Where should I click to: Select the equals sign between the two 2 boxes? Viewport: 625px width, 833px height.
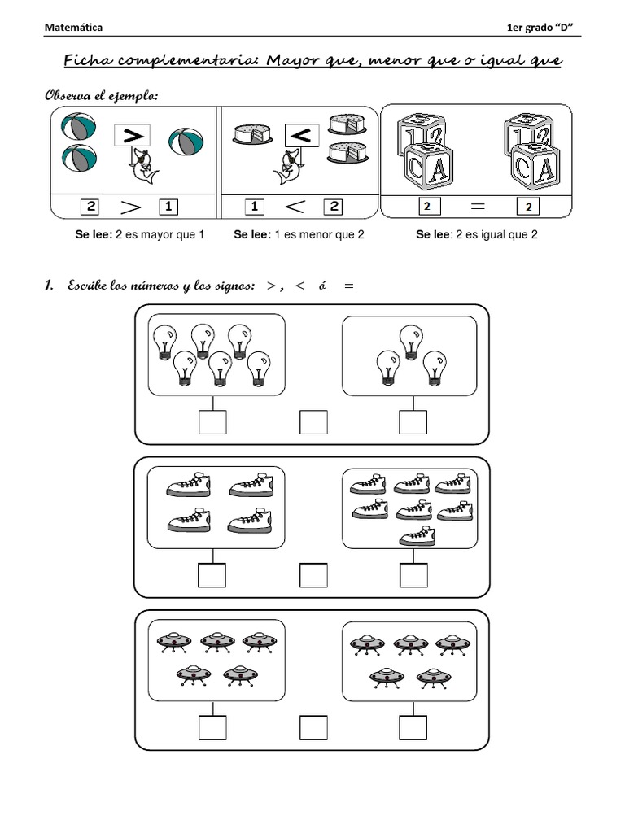click(478, 207)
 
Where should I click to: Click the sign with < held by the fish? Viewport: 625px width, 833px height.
click(301, 136)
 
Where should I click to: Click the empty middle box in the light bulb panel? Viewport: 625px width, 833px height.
click(313, 423)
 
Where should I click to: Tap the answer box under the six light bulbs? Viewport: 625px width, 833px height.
click(212, 423)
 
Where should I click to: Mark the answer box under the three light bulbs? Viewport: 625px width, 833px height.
click(413, 423)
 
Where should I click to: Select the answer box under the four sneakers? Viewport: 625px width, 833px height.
click(212, 575)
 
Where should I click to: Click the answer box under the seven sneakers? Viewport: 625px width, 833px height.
click(413, 575)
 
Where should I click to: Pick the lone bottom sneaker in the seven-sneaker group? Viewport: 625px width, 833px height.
click(417, 534)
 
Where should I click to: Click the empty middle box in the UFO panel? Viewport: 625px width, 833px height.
click(313, 727)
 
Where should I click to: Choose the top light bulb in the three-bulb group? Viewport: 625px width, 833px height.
click(411, 338)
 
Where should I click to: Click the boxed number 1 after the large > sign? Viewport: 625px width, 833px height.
click(168, 207)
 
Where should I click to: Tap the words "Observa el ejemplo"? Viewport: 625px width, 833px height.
click(100, 97)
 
